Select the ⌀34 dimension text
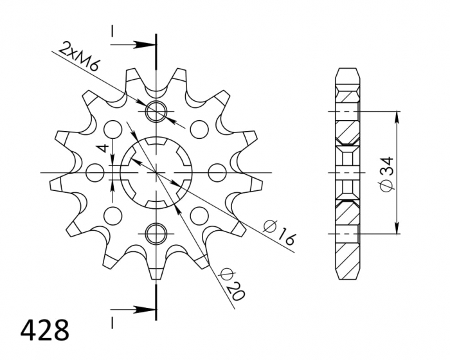tap(386, 174)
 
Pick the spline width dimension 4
tap(101, 149)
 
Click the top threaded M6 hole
tap(156, 112)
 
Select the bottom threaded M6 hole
tap(156, 233)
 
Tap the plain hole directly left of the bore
tap(96, 172)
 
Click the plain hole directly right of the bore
tap(217, 172)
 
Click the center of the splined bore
tap(156, 172)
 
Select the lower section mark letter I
tap(112, 319)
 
